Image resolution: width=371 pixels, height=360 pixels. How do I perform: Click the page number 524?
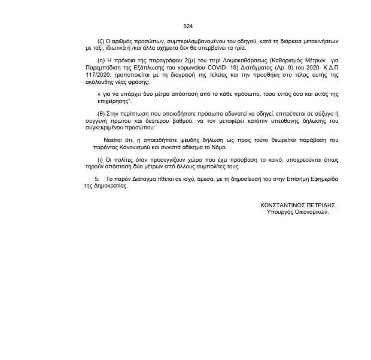coord(188,27)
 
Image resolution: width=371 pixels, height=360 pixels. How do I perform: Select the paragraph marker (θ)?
coord(100,114)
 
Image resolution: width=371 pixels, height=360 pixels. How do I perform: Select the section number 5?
coord(97,179)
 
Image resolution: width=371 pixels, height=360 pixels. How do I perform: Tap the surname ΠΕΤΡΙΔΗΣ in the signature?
coord(320,205)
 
